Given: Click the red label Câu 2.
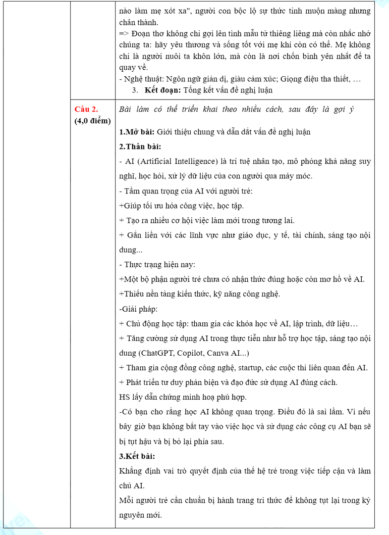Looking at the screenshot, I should pyautogui.click(x=86, y=109).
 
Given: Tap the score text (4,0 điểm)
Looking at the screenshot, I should pyautogui.click(x=92, y=121).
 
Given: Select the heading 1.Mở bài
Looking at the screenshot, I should pyautogui.click(x=136, y=132).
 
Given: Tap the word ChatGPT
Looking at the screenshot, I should pyautogui.click(x=152, y=353).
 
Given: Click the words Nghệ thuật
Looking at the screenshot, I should pyautogui.click(x=140, y=79).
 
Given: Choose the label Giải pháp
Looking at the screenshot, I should pyautogui.click(x=133, y=309).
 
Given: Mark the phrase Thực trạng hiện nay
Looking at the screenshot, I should pyautogui.click(x=158, y=264).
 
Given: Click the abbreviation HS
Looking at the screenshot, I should pyautogui.click(x=125, y=397).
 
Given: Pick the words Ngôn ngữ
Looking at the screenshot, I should pyautogui.click(x=180, y=79).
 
